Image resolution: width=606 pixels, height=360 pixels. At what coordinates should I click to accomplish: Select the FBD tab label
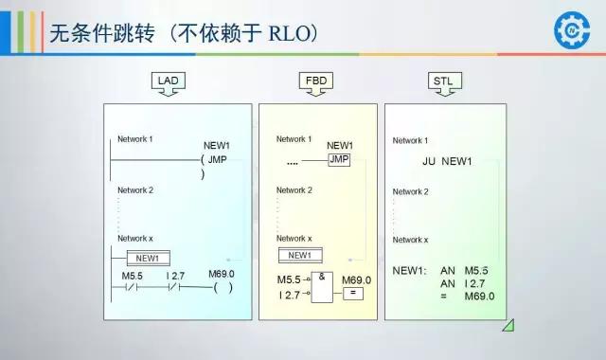[316, 81]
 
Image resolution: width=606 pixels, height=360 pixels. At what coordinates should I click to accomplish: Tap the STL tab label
[442, 81]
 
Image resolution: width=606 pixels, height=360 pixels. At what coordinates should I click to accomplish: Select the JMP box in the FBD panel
[338, 159]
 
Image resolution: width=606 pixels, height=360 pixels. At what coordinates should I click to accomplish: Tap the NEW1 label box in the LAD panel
[147, 258]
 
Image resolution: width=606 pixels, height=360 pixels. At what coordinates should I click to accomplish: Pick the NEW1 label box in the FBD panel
[299, 255]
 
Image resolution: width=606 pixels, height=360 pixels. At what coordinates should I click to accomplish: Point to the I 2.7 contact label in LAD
[175, 275]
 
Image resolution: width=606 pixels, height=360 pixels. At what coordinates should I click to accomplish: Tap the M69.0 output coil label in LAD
[222, 275]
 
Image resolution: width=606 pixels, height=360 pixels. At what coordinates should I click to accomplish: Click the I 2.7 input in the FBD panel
[290, 297]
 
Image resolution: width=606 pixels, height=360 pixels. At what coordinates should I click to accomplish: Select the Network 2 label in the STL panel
[410, 192]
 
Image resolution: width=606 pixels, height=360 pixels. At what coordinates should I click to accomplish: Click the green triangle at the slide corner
[508, 325]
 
